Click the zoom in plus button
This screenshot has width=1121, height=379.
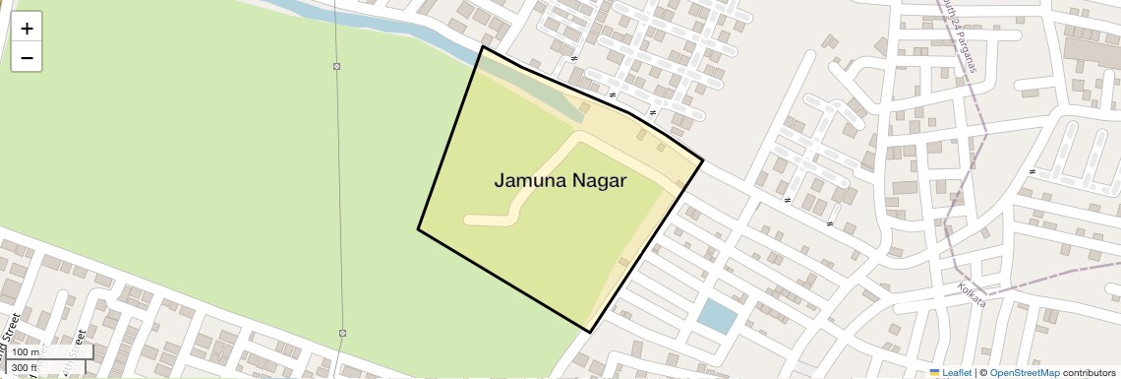coord(27,29)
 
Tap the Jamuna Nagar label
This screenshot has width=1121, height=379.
coord(560,181)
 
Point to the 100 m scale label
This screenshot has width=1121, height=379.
coord(27,352)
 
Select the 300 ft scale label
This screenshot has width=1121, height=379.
coord(26,367)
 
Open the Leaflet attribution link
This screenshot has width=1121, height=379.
coord(957,373)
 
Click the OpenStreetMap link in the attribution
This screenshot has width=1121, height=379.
coord(1025,373)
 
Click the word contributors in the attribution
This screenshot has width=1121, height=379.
coord(1090,373)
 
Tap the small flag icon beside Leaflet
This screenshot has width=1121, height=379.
coord(934,373)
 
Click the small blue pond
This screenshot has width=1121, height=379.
coord(716,316)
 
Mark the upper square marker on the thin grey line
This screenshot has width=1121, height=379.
coord(337,67)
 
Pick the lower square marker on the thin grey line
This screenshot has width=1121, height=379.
coord(342,333)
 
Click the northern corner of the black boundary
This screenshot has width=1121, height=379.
coord(482,46)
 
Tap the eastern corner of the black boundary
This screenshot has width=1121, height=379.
coord(703,160)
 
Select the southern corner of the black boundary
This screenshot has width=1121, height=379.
coord(590,332)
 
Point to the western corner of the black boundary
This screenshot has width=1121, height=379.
coord(418,229)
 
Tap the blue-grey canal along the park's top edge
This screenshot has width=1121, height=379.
coord(393,29)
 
